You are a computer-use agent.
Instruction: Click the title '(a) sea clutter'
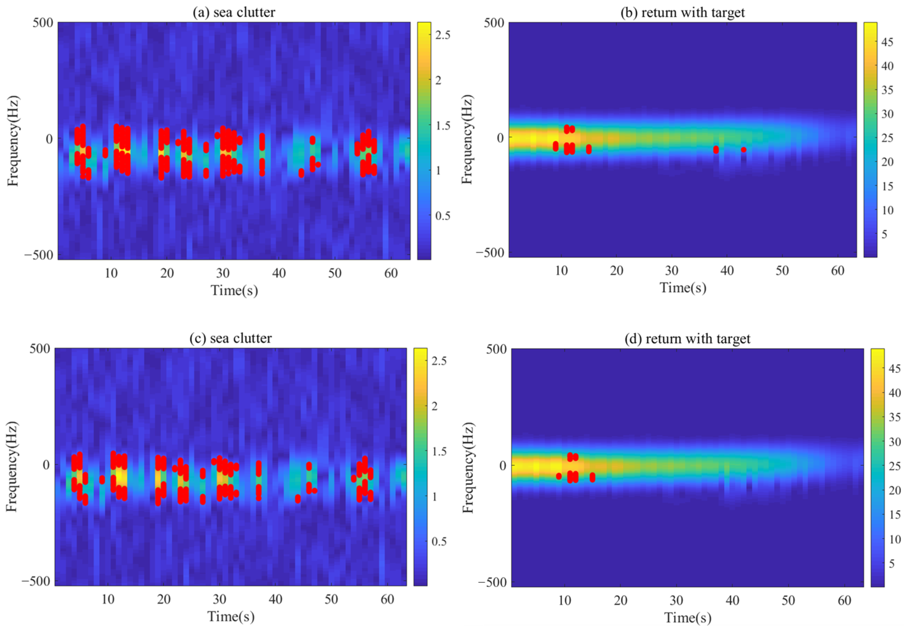234,12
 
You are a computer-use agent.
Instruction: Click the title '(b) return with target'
682,12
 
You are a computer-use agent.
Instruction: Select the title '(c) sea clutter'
230,338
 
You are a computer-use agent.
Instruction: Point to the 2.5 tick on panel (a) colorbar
443,35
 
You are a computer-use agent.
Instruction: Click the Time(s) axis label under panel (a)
234,290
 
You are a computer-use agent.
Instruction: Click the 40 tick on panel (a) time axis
279,273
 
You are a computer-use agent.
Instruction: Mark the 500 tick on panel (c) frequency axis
40,349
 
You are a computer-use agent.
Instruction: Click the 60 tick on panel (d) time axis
844,601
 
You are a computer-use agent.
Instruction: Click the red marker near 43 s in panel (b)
744,150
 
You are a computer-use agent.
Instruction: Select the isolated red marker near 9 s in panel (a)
105,153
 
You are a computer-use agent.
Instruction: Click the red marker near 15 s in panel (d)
592,477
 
